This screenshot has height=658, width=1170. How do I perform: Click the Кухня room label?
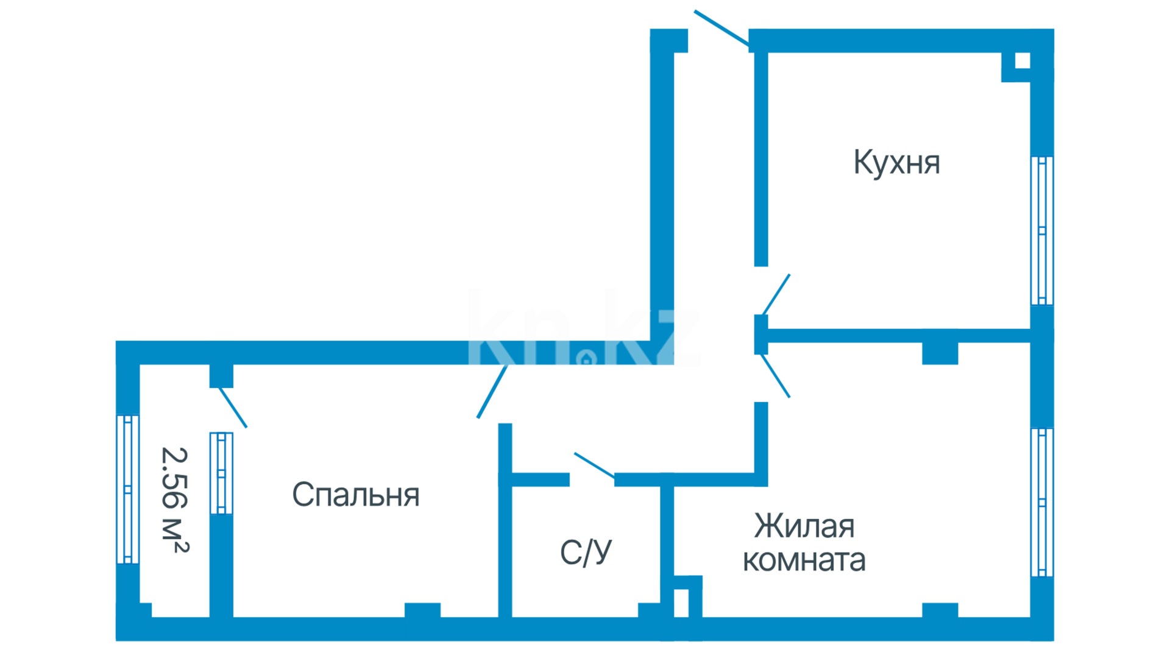[896, 163]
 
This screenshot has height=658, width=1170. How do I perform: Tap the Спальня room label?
[356, 495]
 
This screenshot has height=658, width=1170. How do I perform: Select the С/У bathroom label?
[586, 553]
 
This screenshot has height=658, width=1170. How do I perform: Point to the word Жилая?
[804, 526]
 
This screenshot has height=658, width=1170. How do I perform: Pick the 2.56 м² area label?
[175, 500]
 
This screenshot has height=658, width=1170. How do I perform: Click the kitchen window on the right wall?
[1042, 230]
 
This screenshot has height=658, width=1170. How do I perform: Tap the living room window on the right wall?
[1042, 502]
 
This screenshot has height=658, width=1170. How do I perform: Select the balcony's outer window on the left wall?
[127, 489]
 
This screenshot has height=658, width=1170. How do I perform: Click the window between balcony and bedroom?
[221, 473]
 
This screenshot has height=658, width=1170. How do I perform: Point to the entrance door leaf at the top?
[721, 28]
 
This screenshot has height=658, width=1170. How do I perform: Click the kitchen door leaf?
[776, 295]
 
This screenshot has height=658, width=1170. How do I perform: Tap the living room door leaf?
[776, 376]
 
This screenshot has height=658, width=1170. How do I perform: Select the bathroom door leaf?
[594, 465]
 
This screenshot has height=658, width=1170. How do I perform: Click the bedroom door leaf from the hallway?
[492, 392]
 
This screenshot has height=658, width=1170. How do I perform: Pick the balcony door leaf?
[233, 407]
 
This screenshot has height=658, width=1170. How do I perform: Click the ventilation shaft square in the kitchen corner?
[1023, 61]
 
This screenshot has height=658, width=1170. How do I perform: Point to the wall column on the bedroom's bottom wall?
[422, 610]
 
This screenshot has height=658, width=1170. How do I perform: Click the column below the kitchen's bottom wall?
[940, 353]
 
